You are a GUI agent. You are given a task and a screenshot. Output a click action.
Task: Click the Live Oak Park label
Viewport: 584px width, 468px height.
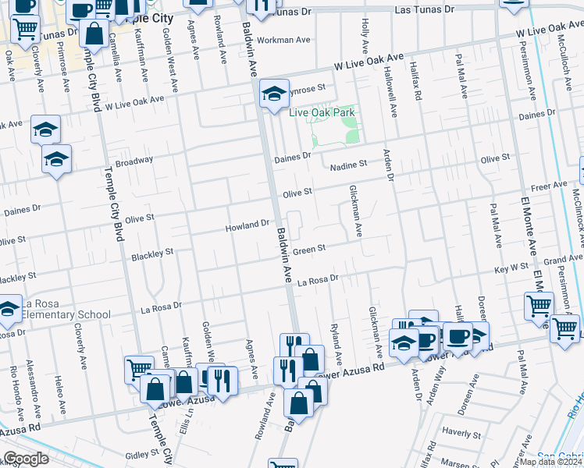(x=322, y=113)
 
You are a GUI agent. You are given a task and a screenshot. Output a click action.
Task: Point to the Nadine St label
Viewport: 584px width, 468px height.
(x=348, y=165)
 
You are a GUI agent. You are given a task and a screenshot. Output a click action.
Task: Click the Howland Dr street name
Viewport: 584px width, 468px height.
(x=247, y=225)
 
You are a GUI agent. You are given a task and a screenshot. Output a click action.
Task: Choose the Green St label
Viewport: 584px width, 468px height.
(x=308, y=248)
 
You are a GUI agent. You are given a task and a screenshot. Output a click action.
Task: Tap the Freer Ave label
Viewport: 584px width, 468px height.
(x=549, y=187)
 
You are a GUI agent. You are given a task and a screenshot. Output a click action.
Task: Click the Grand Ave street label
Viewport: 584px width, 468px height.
(x=564, y=259)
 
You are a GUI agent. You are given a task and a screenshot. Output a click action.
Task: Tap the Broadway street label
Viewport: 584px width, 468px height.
(x=134, y=161)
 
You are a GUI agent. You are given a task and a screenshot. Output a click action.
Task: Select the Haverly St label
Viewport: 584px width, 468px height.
(x=460, y=430)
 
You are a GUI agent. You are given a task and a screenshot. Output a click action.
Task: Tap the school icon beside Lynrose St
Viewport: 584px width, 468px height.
(x=274, y=94)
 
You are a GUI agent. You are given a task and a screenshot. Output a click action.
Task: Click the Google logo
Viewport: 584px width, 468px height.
(x=26, y=459)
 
